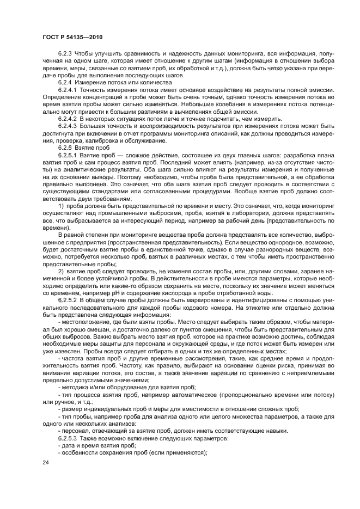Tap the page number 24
45,462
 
